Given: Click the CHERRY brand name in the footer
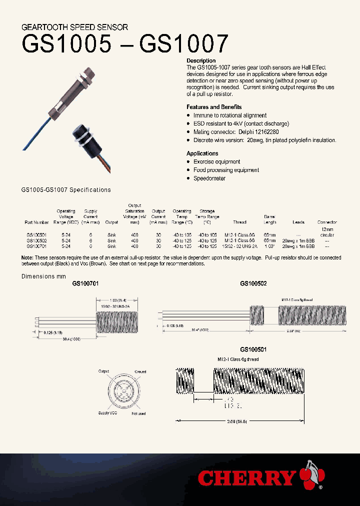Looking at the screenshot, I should (x=246, y=478).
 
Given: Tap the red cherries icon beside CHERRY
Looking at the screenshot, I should (x=312, y=477).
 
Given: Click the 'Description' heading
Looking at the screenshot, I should (x=201, y=60).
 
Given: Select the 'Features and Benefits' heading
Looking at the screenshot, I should (x=214, y=107).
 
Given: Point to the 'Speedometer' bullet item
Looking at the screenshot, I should (x=209, y=178).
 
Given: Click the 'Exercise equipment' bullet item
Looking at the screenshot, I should (x=216, y=161).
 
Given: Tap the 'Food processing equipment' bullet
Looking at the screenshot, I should (x=226, y=170).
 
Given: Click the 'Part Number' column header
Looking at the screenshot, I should (x=37, y=222).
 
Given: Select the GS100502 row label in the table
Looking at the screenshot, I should (x=37, y=240).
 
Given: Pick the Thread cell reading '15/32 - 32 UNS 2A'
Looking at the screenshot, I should (x=240, y=246).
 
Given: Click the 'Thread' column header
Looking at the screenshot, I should (x=239, y=222).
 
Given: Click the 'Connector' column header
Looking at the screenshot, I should (x=327, y=222).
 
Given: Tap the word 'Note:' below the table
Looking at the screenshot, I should (x=27, y=257).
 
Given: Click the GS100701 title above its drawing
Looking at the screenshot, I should (x=85, y=283).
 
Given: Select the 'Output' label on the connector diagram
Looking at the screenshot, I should (x=103, y=371).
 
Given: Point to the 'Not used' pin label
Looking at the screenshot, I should (x=138, y=413).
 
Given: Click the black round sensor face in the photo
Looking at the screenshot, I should (x=78, y=136).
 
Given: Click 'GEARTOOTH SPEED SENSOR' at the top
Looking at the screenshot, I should (x=75, y=27).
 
